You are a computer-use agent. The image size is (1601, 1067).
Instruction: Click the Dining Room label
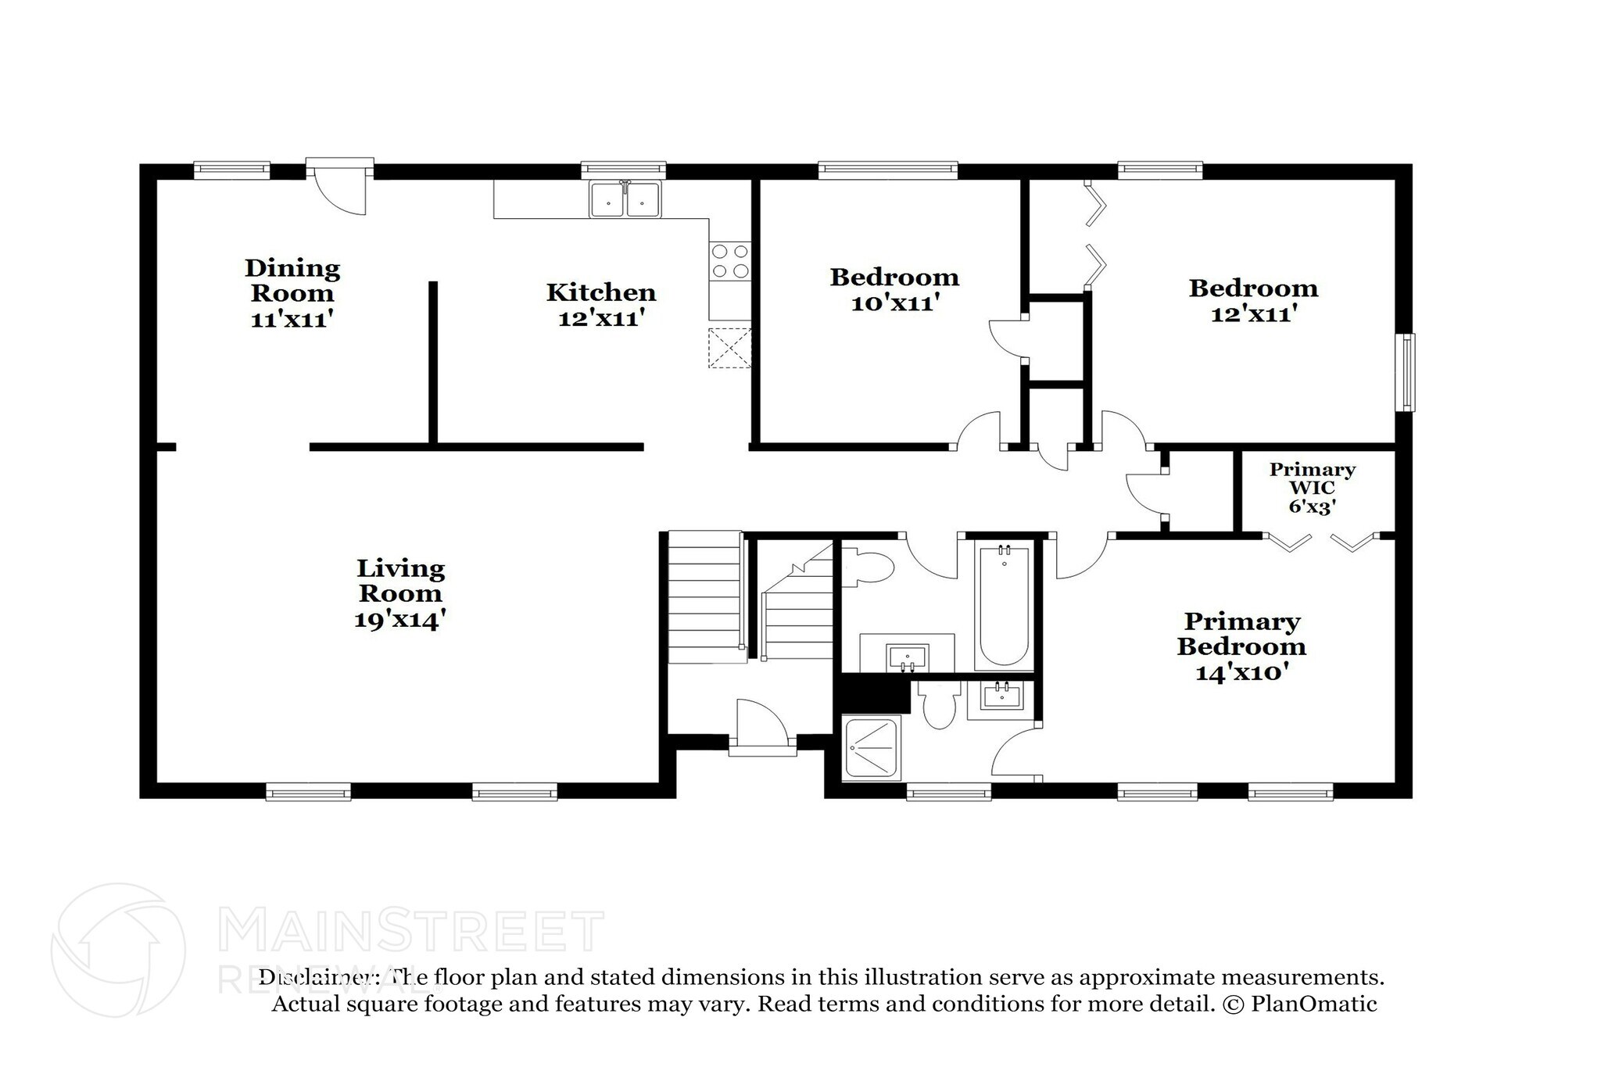[292, 293]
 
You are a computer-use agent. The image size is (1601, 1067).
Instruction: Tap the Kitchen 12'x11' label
[601, 304]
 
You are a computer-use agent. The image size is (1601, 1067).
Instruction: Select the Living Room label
[400, 593]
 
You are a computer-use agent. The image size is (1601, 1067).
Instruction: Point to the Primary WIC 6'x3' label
[1312, 487]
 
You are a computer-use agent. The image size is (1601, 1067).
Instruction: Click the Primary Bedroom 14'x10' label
[1241, 646]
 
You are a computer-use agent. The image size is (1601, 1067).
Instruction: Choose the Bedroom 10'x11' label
[894, 289]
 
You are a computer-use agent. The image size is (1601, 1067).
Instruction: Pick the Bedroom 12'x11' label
[1253, 300]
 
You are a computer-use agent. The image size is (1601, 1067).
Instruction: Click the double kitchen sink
[625, 199]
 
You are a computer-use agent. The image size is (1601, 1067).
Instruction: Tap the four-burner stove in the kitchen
[729, 261]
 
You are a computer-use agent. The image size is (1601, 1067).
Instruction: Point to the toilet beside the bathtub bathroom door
[867, 568]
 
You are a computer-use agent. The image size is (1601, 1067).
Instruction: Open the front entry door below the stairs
[762, 728]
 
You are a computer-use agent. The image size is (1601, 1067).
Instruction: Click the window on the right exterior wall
[1407, 372]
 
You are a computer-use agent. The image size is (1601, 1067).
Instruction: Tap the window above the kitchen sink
[623, 167]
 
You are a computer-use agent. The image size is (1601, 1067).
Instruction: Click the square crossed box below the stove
[729, 348]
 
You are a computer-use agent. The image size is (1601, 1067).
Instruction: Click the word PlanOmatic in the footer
[1314, 1004]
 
